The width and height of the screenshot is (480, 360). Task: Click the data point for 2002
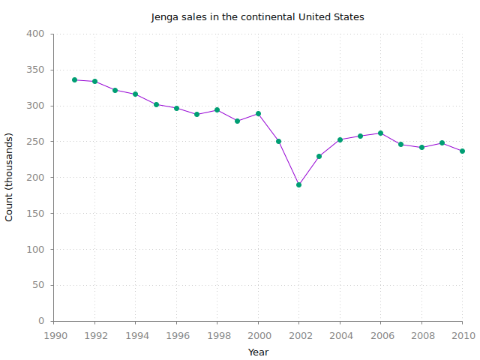[x=298, y=184]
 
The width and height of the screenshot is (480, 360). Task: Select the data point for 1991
[x=74, y=79]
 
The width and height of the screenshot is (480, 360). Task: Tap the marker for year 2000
[x=258, y=113]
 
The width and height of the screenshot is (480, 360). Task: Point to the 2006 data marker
[x=380, y=133]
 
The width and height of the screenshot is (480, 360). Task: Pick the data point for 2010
[x=462, y=151]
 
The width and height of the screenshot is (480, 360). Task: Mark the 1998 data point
[x=217, y=109]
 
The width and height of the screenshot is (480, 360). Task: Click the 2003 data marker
[x=319, y=156]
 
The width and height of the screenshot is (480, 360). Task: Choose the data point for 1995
[x=156, y=104]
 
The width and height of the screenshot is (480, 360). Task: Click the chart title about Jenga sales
[x=257, y=16]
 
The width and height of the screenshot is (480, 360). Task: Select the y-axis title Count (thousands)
[x=10, y=177]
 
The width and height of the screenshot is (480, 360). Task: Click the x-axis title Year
[x=258, y=352]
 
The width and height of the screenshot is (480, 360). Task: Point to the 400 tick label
[x=36, y=34]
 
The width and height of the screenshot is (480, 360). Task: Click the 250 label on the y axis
[x=36, y=142]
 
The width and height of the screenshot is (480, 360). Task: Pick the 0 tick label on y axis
[x=42, y=321]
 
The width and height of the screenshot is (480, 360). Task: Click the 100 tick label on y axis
[x=36, y=249]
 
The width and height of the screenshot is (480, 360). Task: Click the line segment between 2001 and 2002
[x=289, y=163]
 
